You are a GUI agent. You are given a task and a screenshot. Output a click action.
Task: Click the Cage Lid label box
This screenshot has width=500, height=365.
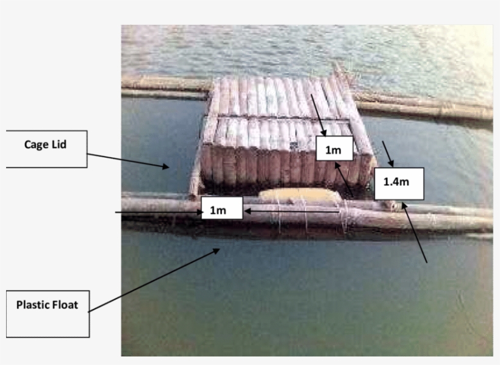pyautogui.click(x=46, y=149)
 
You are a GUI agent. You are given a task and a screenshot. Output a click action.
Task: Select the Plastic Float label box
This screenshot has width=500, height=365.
pyautogui.click(x=48, y=314)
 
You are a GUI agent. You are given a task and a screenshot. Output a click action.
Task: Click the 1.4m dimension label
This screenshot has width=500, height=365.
pyautogui.click(x=399, y=182)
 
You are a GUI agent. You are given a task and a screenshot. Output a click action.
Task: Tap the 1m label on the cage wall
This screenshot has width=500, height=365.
pyautogui.click(x=334, y=150)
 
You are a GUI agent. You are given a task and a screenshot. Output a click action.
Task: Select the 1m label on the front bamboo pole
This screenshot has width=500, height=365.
pyautogui.click(x=222, y=210)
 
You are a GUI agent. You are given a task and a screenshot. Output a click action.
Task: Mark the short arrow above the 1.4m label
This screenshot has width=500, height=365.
pyautogui.click(x=388, y=154)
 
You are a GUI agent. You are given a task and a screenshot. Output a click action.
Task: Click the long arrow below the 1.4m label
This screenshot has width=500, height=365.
pyautogui.click(x=414, y=232)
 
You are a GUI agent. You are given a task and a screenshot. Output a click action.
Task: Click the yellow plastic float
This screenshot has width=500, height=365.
pyautogui.click(x=299, y=196)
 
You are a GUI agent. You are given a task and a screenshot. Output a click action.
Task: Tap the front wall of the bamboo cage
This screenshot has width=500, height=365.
pyautogui.click(x=262, y=165)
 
